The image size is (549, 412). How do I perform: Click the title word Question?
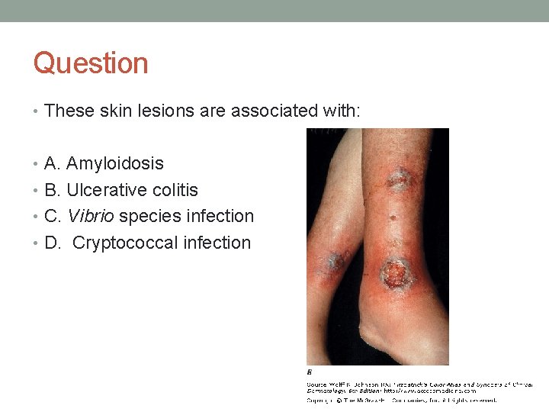91,63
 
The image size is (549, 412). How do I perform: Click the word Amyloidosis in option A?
115,163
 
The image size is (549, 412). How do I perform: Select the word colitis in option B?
174,190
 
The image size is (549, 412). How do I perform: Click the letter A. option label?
53,163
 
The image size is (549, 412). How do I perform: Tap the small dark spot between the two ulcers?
395,217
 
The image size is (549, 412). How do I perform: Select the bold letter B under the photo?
310,373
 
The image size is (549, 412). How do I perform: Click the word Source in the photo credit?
317,385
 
